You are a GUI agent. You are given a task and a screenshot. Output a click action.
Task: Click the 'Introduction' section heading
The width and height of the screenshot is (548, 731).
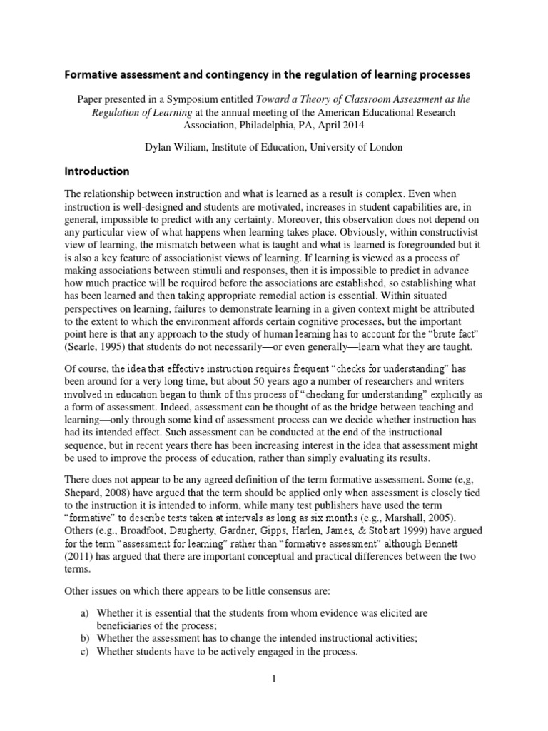click(x=97, y=171)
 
